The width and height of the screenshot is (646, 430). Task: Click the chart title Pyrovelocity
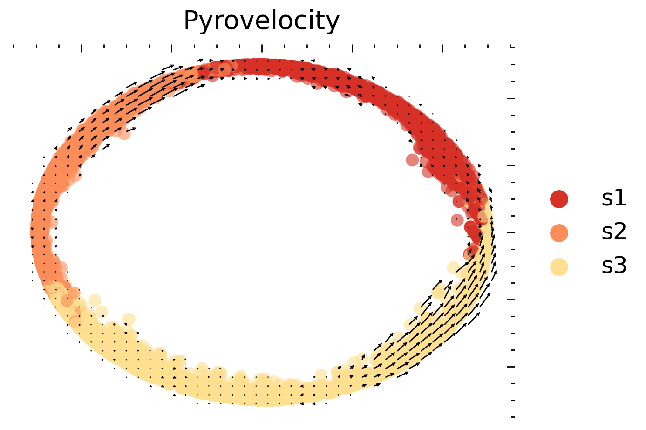coord(261,21)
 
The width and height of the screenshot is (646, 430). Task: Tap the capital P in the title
coord(191,21)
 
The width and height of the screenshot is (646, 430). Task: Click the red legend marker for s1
coord(559,199)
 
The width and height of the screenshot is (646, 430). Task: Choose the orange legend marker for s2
coord(559,233)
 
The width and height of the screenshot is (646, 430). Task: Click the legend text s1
coord(614,199)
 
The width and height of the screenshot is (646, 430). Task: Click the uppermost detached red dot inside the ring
coord(412,160)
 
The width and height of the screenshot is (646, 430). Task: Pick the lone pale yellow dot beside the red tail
coord(453,267)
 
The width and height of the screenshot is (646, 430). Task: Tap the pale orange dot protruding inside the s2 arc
coord(125,133)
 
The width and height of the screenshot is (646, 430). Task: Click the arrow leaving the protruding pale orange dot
coord(131,129)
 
